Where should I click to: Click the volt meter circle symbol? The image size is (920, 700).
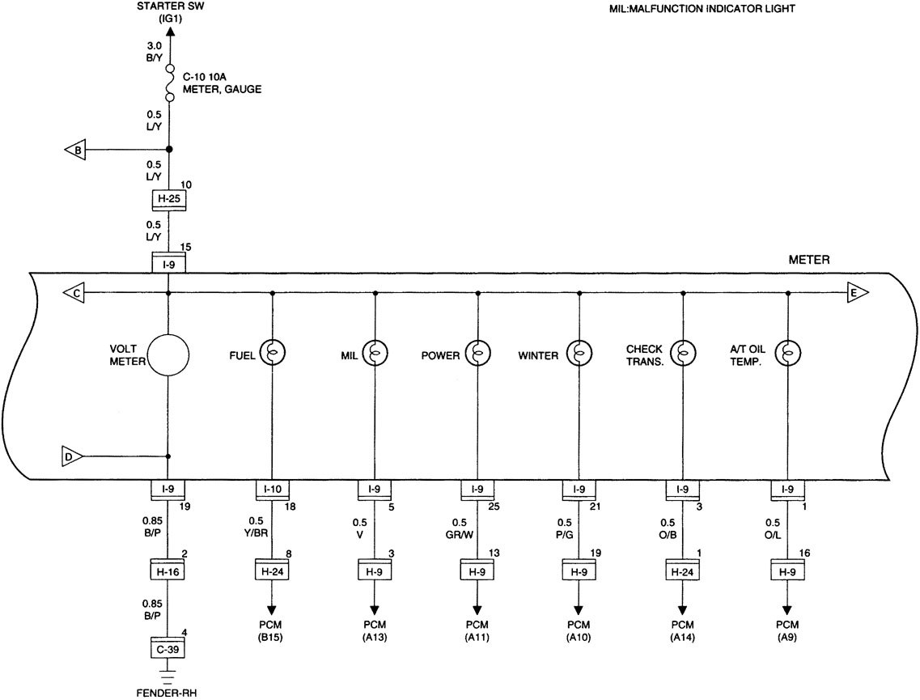tap(168, 354)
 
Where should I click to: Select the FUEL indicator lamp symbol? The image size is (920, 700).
tap(272, 354)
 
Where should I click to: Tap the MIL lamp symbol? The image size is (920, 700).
tap(375, 354)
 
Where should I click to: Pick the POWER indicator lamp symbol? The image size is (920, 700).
tap(477, 354)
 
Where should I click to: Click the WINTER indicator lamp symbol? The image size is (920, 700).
tap(579, 354)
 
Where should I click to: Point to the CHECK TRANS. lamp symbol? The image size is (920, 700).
tap(683, 354)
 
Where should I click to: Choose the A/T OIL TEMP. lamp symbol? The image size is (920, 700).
tap(786, 354)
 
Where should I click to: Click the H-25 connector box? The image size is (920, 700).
tap(168, 199)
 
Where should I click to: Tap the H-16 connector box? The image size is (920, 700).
tap(168, 570)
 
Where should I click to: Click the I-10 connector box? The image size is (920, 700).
tap(272, 490)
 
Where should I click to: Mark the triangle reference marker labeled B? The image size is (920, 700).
tap(75, 150)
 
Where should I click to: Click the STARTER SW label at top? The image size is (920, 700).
tap(168, 12)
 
